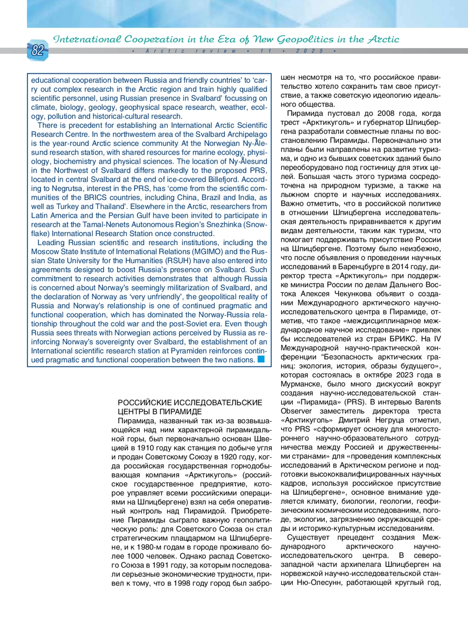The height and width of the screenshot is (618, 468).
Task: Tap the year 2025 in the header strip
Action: click(x=310, y=51)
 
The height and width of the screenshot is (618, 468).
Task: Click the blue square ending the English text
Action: click(x=261, y=359)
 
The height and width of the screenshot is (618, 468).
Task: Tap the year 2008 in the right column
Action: click(x=386, y=113)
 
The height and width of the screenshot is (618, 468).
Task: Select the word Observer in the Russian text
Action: click(x=296, y=411)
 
